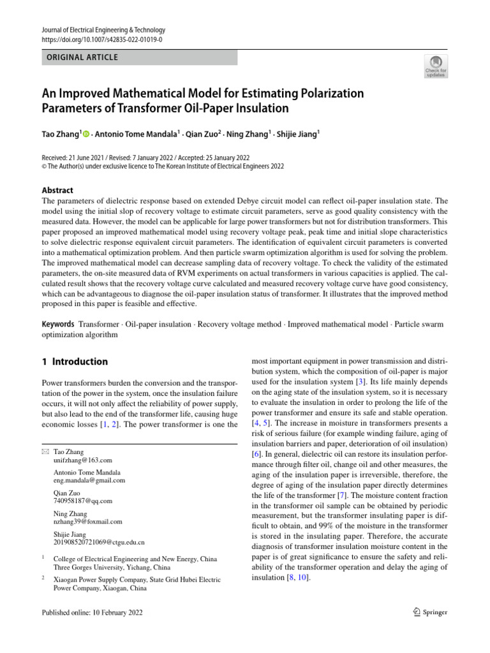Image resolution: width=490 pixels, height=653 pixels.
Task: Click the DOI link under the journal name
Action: point(102,40)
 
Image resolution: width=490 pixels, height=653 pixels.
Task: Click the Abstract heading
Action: point(57,190)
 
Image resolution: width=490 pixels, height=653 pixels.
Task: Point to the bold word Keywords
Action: point(58,324)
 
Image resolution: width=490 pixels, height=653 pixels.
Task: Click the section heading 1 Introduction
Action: point(75,362)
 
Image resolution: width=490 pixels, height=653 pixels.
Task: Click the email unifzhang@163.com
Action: point(83,460)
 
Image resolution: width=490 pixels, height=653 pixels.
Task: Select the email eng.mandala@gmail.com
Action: point(89,480)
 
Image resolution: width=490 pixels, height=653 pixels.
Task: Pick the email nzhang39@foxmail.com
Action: point(87,522)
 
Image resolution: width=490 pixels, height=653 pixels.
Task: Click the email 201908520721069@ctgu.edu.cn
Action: point(99,542)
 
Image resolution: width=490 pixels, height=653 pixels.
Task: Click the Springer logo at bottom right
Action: point(427,612)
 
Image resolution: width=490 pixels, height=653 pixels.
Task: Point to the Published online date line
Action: point(92,612)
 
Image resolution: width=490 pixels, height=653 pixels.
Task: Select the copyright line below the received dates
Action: point(163,166)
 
